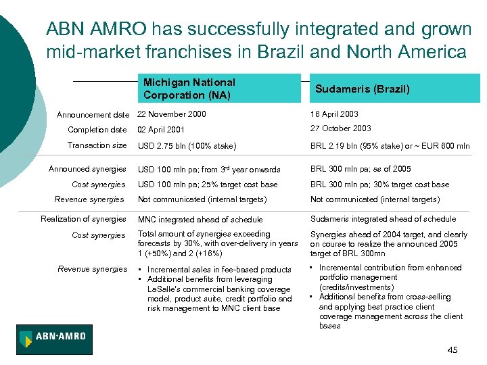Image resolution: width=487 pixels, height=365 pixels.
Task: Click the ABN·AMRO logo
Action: click(x=54, y=339)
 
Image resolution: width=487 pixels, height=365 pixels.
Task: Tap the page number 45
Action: click(x=453, y=349)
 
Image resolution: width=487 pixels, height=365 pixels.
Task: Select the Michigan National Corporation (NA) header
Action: click(x=189, y=89)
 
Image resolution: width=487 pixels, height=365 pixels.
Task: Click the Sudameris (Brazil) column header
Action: click(x=362, y=89)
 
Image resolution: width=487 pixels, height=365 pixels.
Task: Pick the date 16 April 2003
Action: click(x=334, y=114)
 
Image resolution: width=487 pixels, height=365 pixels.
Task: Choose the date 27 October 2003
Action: click(x=340, y=128)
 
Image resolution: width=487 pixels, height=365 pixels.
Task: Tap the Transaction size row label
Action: click(x=97, y=145)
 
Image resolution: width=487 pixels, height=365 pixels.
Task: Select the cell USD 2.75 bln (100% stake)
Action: click(x=187, y=146)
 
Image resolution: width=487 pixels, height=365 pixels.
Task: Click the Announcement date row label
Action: click(x=93, y=115)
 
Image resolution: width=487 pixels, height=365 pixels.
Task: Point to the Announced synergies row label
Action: click(x=87, y=169)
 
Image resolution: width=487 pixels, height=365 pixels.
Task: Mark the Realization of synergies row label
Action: click(x=83, y=219)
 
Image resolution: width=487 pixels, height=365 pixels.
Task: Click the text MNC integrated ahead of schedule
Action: click(x=200, y=220)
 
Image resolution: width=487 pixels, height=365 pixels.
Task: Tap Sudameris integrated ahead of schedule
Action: click(x=383, y=219)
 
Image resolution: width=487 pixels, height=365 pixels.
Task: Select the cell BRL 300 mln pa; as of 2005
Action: click(x=361, y=169)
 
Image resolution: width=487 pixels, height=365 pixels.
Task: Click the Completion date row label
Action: click(x=97, y=130)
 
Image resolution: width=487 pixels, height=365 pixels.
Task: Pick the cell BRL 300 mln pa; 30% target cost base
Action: click(x=379, y=185)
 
